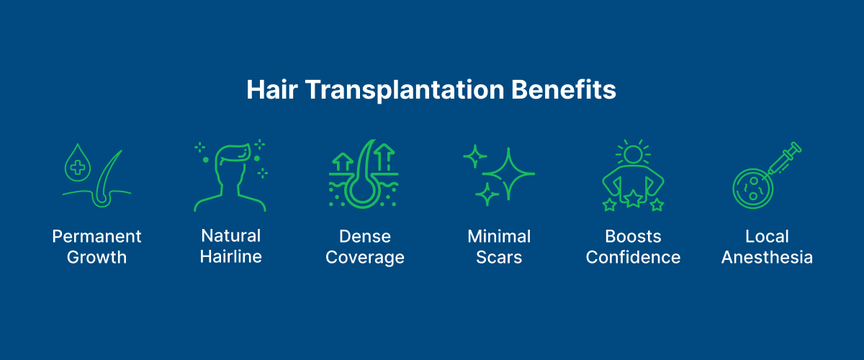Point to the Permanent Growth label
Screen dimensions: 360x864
97,246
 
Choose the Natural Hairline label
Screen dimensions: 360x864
230,246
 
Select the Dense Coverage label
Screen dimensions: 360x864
365,246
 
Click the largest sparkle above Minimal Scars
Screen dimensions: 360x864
509,174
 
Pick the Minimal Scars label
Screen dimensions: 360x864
499,246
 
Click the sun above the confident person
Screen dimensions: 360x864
633,154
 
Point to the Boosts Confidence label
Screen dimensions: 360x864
633,246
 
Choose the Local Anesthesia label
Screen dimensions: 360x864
767,246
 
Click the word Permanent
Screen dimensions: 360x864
97,237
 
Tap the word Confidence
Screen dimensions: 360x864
633,257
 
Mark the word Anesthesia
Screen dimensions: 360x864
767,257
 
